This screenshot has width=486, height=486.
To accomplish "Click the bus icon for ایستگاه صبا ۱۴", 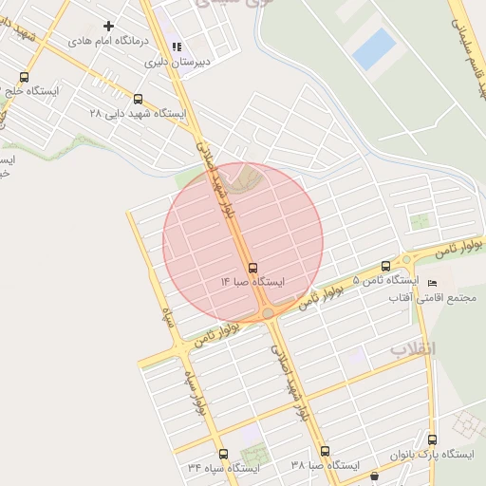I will coord(252,268).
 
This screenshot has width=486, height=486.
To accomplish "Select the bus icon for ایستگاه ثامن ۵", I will coord(385,266).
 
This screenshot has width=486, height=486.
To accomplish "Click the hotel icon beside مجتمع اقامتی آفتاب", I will coord(434,283).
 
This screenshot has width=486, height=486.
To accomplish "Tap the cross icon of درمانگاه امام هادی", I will coord(108,27).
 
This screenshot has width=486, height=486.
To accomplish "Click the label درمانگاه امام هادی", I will coord(108,43).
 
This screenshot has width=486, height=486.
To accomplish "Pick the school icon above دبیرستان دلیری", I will coord(176,47).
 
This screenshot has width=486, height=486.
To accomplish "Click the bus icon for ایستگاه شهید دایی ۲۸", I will coord(139,98).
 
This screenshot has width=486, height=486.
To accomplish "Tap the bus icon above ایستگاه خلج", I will coord(24,77).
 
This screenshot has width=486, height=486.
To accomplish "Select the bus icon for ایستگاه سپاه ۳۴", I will coord(223,454).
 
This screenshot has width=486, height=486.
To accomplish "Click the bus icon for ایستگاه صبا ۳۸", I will coord(325,451).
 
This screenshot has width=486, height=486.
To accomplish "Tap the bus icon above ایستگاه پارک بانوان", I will coord(433,439).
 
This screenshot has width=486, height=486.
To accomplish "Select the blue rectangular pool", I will coord(374,47).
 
